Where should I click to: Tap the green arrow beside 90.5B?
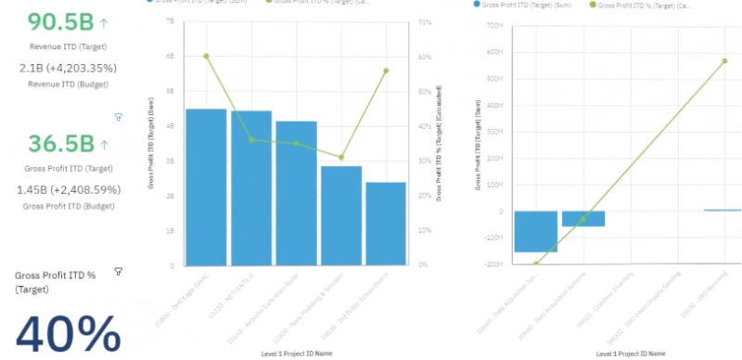105,22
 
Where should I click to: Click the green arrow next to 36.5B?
105,145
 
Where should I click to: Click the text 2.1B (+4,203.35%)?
68,68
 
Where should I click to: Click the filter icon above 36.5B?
118,117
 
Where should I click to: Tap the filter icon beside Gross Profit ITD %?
118,271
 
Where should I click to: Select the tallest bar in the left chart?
206,186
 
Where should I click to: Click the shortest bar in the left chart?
386,223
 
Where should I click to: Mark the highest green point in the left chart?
206,56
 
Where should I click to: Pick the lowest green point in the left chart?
341,158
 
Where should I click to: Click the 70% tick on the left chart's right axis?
426,21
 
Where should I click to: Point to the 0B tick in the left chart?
170,265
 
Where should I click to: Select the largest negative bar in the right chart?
535,231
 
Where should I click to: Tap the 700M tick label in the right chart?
495,26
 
